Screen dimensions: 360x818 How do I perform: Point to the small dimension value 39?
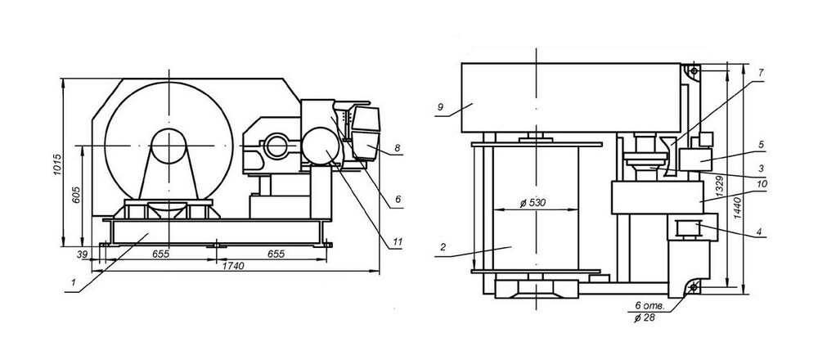pyautogui.click(x=82, y=254)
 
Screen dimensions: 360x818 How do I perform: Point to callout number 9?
pyautogui.click(x=439, y=106)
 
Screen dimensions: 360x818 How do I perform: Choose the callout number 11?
pyautogui.click(x=397, y=242)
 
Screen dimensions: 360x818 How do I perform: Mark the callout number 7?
pyautogui.click(x=761, y=73)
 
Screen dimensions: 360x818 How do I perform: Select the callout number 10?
pyautogui.click(x=761, y=185)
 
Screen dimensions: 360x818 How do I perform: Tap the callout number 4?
pyautogui.click(x=761, y=233)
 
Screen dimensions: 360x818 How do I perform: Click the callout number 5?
pyautogui.click(x=761, y=145)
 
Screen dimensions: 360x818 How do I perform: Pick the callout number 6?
pyautogui.click(x=397, y=199)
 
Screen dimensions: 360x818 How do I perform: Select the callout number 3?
pyautogui.click(x=761, y=166)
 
